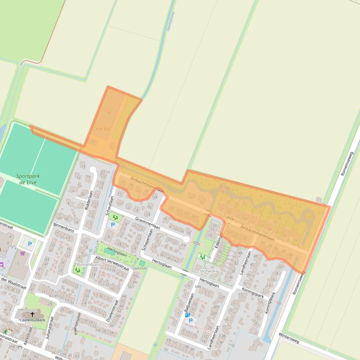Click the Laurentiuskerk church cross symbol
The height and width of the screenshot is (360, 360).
point(32,314)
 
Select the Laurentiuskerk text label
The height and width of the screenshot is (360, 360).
point(32,320)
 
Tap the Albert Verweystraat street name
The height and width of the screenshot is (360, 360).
point(111,262)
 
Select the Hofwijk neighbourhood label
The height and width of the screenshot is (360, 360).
point(208,270)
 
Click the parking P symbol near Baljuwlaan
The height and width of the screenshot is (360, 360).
point(190,321)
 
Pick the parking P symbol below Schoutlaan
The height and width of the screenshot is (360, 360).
point(112,225)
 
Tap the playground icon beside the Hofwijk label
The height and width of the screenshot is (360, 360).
point(202,257)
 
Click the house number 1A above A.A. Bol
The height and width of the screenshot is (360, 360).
point(108,113)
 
